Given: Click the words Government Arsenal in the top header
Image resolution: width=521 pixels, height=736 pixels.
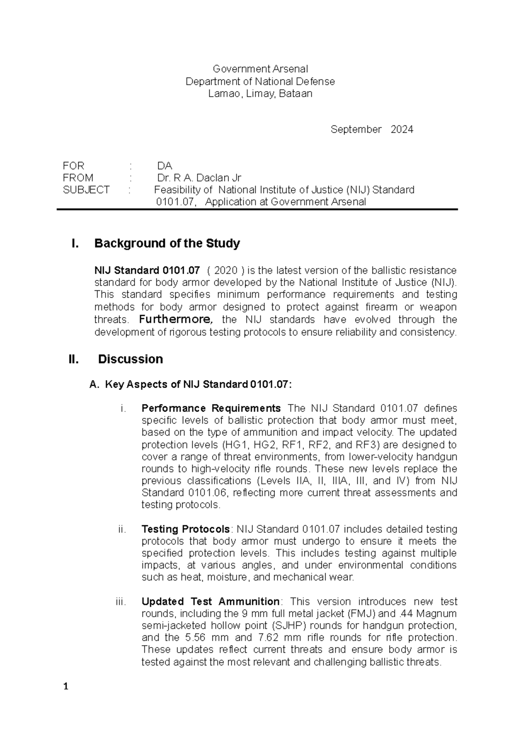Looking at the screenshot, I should click(x=260, y=69).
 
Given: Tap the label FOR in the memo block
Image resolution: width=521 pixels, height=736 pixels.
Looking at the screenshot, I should click(x=73, y=166).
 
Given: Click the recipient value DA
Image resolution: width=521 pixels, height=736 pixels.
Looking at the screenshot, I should click(x=165, y=166).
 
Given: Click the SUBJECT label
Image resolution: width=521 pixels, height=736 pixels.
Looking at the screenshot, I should click(x=86, y=190).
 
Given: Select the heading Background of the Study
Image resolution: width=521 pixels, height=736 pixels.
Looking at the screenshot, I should click(x=167, y=243).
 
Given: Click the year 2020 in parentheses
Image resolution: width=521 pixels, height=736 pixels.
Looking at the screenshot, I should click(x=226, y=271).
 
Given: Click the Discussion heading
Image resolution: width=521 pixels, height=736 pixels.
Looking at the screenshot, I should click(x=130, y=359).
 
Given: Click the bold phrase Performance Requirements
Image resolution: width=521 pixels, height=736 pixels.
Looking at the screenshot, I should click(x=211, y=408).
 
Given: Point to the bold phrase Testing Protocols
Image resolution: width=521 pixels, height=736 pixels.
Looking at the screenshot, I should click(x=185, y=529).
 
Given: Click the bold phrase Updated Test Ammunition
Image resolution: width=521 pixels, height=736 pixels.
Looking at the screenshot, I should click(x=210, y=602).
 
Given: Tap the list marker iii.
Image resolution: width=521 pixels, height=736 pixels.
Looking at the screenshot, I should click(x=121, y=602).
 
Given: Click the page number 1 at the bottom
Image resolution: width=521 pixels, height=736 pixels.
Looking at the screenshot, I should click(x=66, y=687).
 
